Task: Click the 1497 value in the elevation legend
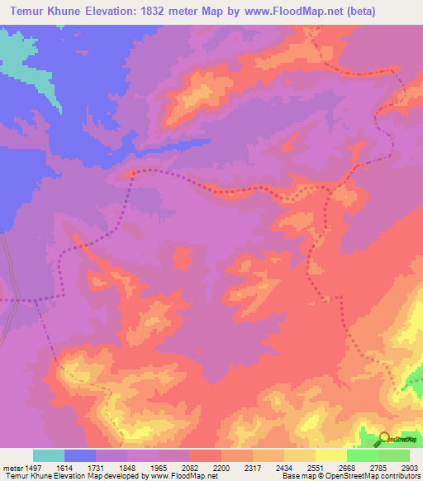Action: (x=34, y=467)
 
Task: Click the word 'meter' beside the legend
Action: (x=12, y=467)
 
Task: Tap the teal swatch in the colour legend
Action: (x=49, y=455)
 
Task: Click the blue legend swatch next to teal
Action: (x=80, y=455)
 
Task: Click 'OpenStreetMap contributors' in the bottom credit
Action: (x=376, y=476)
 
